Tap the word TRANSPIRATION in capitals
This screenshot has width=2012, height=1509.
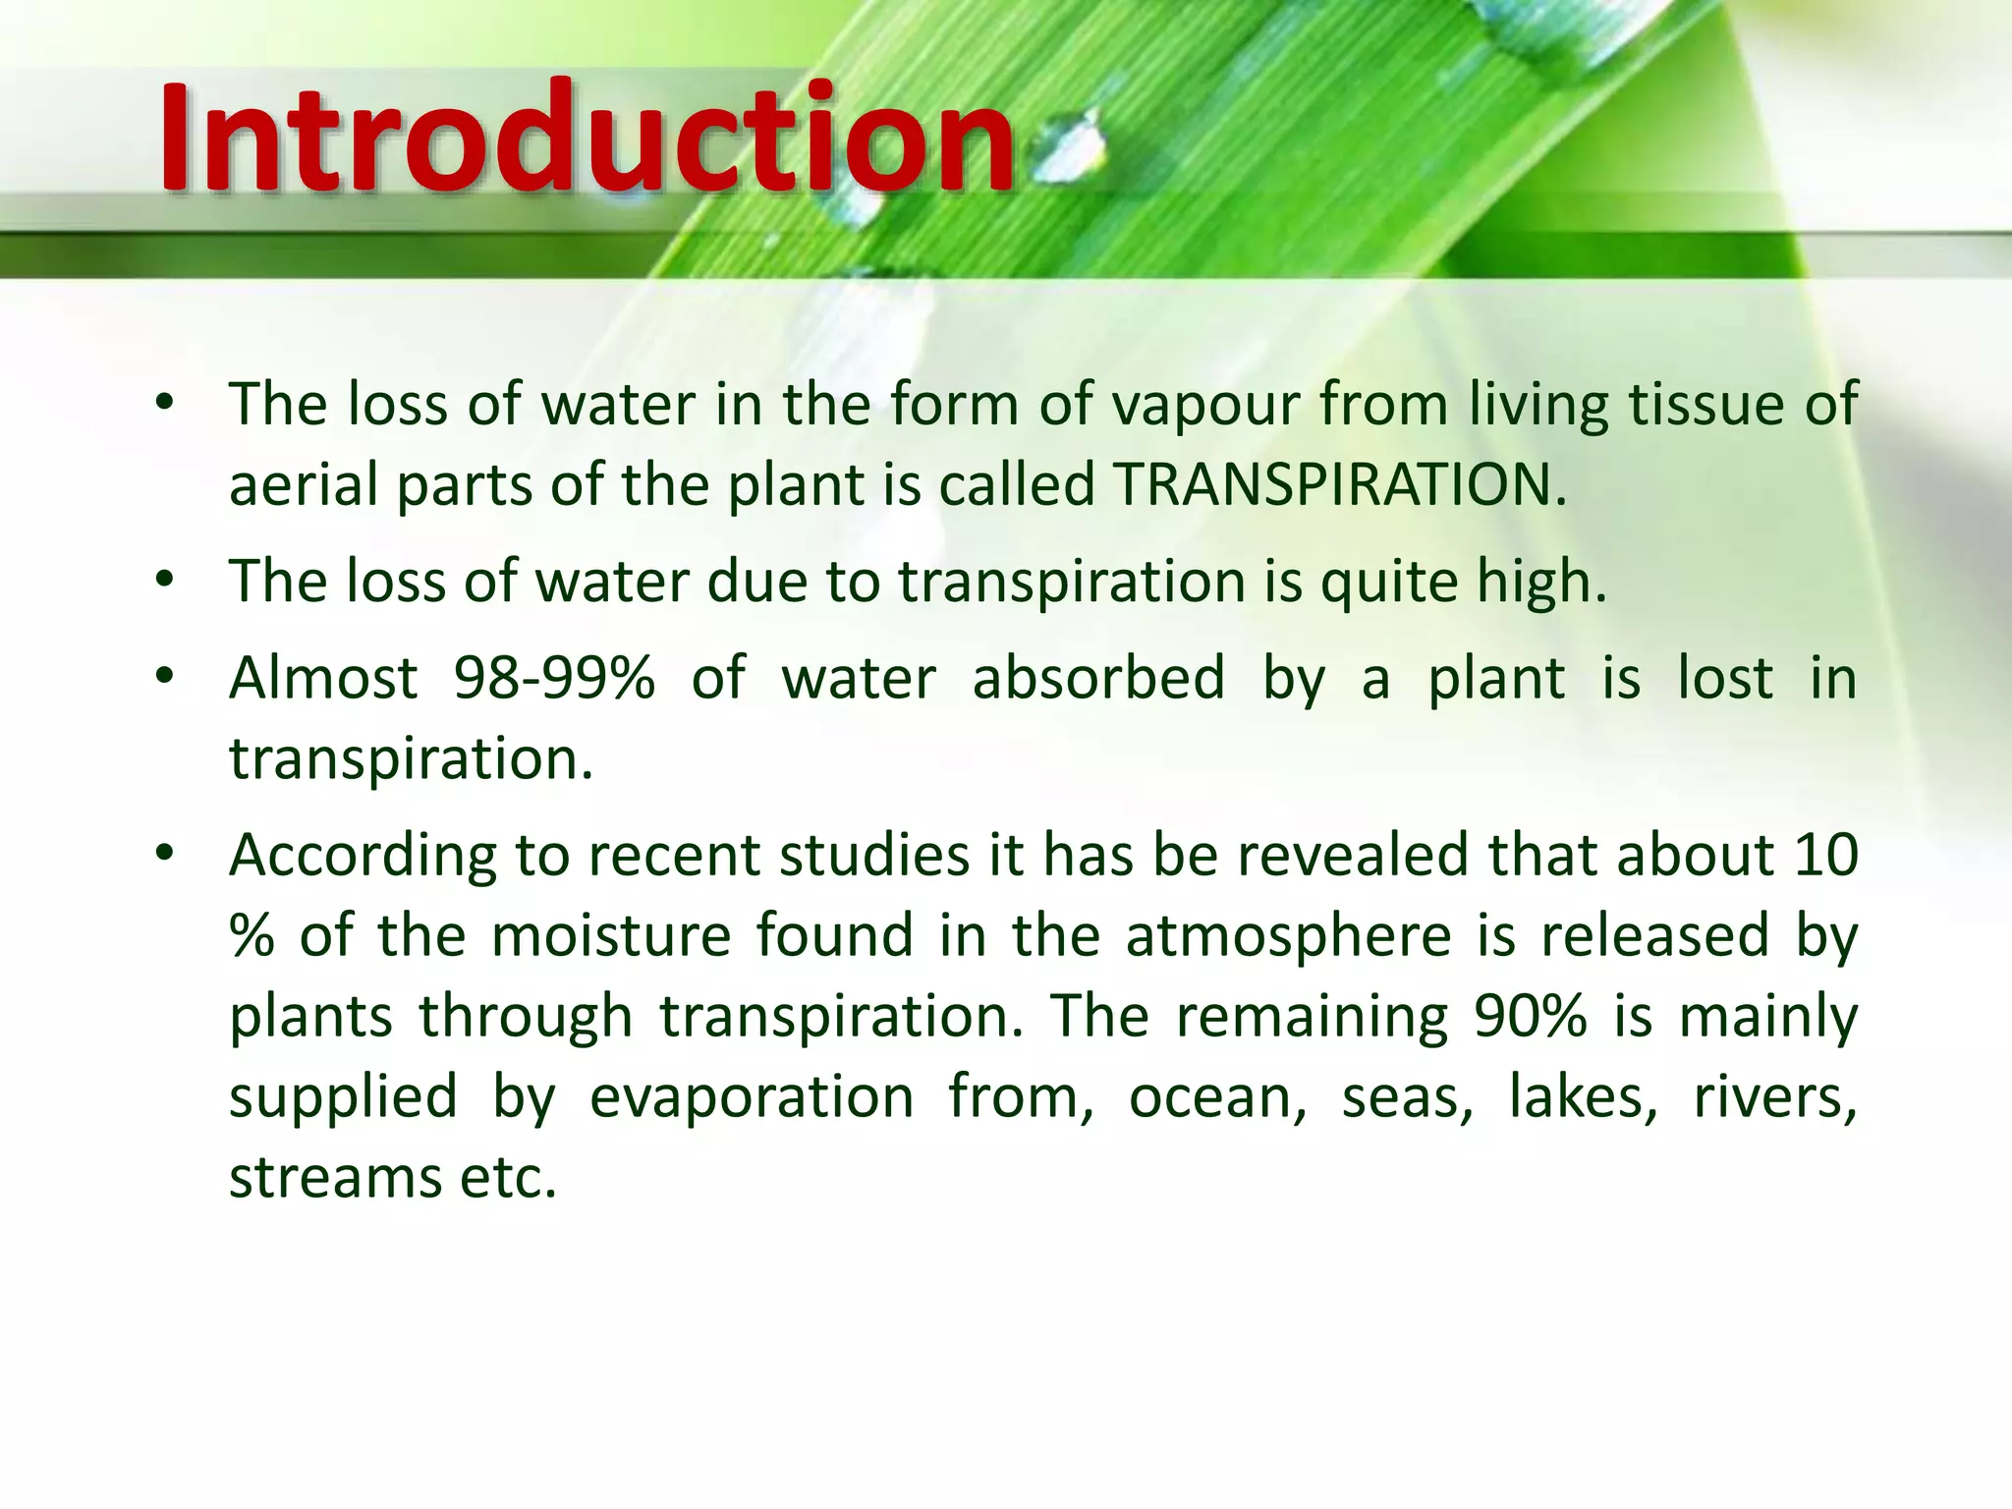click(1340, 484)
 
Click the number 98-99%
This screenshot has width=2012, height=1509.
click(554, 678)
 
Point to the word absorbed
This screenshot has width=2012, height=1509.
click(1098, 678)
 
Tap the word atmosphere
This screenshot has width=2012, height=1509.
click(1288, 935)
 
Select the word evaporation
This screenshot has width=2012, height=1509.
click(752, 1096)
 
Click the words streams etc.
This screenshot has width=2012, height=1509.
click(393, 1177)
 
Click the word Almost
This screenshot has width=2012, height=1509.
click(323, 678)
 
